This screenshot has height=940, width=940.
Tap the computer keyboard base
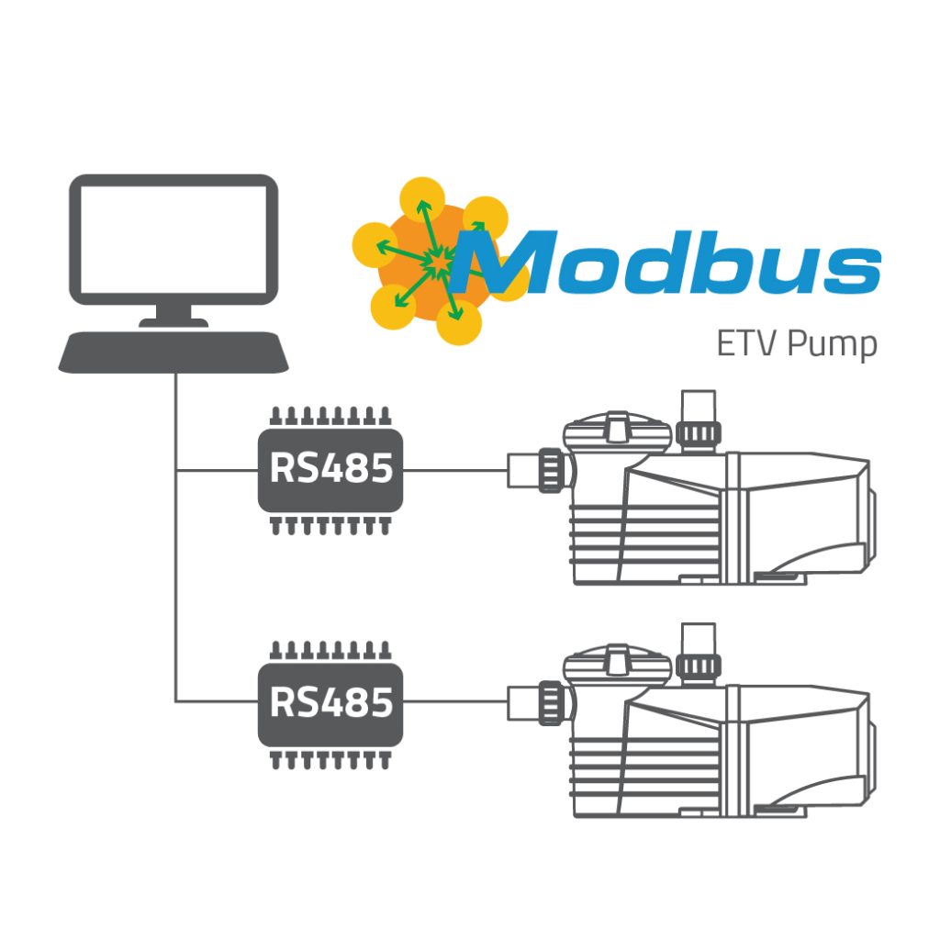tap(174, 352)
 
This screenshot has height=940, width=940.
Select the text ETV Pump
tap(796, 346)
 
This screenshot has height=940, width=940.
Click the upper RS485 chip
tap(330, 470)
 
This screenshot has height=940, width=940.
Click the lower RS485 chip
tap(330, 702)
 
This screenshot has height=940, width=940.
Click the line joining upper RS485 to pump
tap(454, 471)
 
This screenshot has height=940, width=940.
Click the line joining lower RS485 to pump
tap(454, 703)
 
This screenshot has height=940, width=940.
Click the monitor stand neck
tap(174, 313)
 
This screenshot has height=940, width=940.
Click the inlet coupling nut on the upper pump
tap(550, 471)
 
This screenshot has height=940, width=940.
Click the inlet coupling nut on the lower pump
tap(550, 703)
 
